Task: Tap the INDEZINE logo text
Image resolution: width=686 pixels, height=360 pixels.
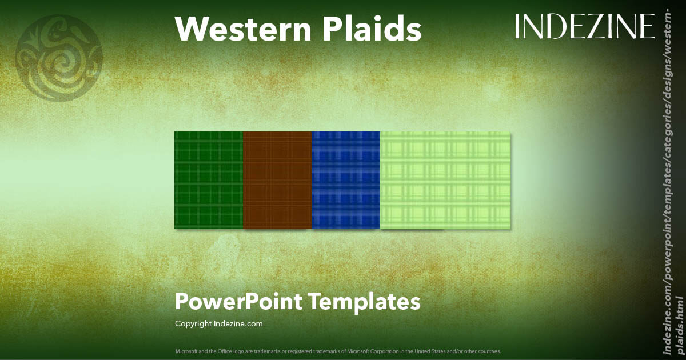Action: click(x=584, y=26)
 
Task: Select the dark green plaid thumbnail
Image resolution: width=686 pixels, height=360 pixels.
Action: click(x=209, y=180)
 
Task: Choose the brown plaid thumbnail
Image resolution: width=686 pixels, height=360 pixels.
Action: click(x=277, y=180)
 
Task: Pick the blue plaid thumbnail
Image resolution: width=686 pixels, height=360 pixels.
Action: click(x=346, y=180)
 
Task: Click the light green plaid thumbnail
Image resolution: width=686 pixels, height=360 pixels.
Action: click(x=445, y=180)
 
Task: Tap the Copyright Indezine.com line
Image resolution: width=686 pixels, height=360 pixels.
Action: click(x=218, y=324)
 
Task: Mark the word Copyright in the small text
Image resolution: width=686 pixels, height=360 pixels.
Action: click(x=193, y=324)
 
